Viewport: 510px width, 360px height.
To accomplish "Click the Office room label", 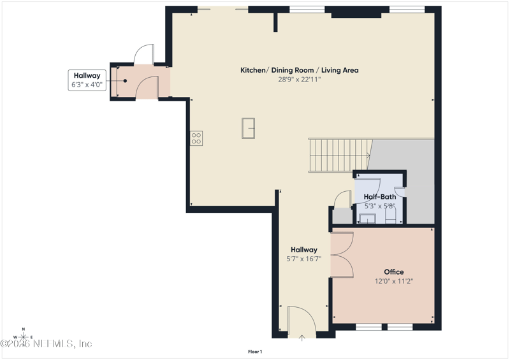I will click(x=393, y=272).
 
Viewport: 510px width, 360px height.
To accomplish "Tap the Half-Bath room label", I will click(x=379, y=197).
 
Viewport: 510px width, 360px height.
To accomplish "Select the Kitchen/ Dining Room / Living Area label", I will click(x=299, y=70).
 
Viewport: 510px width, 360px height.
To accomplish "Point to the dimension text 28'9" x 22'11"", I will click(x=299, y=80).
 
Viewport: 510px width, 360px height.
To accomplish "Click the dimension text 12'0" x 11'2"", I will click(x=393, y=281).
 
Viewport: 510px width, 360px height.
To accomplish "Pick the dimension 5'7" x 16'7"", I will click(x=304, y=259).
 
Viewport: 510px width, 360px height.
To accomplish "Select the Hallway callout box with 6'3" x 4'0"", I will click(x=87, y=80).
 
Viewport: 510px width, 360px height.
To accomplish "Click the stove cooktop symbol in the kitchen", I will click(x=196, y=138).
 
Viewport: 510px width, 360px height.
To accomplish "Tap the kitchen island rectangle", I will click(x=249, y=128).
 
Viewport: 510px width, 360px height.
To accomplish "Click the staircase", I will click(x=338, y=155).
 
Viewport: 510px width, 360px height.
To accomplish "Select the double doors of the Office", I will click(x=343, y=255).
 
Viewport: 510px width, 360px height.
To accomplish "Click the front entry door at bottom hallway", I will click(x=298, y=319).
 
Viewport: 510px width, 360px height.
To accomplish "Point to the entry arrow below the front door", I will click(x=302, y=338).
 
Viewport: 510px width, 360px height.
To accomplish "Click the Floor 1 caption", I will click(x=255, y=352).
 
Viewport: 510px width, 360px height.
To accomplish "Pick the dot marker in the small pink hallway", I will click(x=126, y=81).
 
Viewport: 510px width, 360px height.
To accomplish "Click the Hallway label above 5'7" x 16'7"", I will click(x=304, y=250).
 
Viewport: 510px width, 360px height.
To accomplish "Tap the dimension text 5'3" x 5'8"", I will click(x=379, y=206).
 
